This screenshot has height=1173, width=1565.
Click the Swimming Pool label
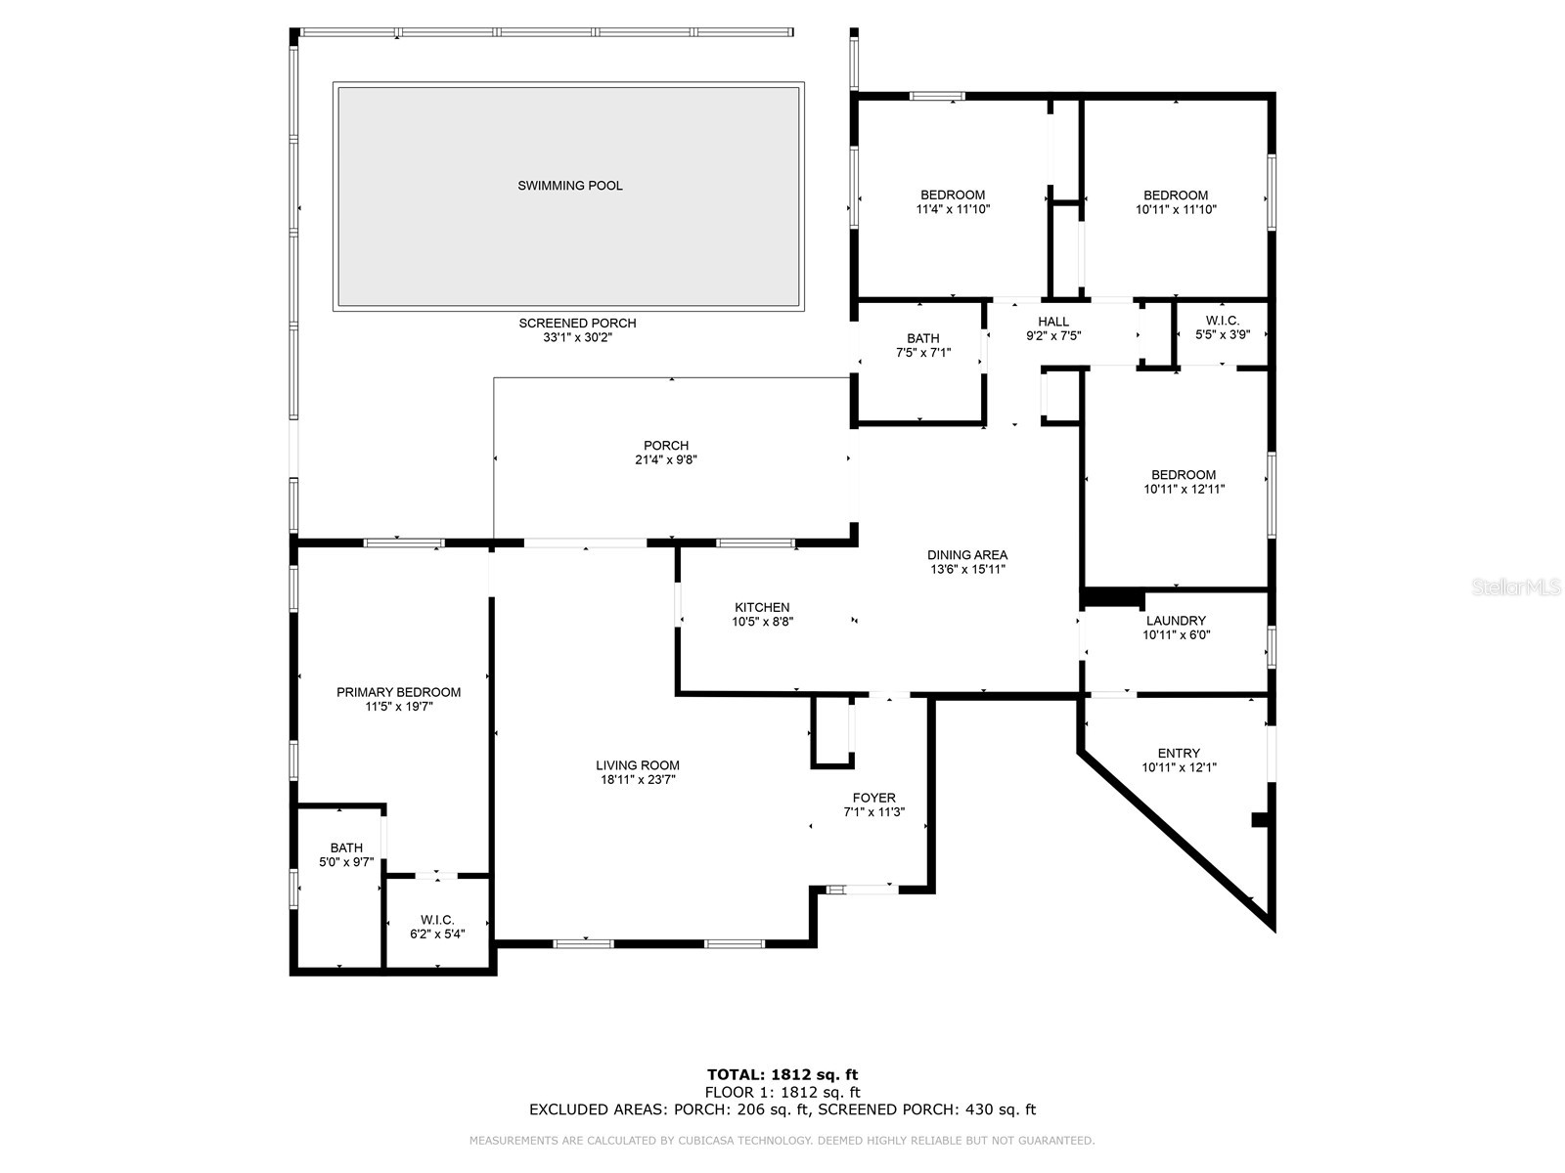(x=569, y=186)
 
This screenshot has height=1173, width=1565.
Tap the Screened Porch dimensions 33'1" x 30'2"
(x=577, y=337)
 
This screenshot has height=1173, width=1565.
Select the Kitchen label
(x=762, y=607)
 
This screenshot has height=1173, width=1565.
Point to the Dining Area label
(x=966, y=555)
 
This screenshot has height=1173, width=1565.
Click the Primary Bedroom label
(x=398, y=692)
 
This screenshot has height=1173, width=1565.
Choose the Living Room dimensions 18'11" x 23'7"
(x=638, y=780)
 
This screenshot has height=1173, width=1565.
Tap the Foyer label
(x=873, y=798)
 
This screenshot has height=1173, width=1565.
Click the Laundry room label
(x=1176, y=621)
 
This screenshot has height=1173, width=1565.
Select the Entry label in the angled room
(x=1178, y=753)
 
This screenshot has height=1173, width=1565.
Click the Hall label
(x=1053, y=322)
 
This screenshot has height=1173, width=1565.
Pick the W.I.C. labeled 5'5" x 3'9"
(x=1223, y=326)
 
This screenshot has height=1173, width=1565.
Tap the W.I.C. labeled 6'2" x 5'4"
(x=437, y=927)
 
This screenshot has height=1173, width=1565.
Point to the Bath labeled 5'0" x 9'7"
(x=346, y=854)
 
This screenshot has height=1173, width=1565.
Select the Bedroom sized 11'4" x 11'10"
(x=953, y=201)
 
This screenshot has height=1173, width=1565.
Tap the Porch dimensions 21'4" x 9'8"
(x=665, y=459)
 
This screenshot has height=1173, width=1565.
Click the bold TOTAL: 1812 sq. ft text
(x=782, y=1075)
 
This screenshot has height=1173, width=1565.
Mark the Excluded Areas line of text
(x=782, y=1109)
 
